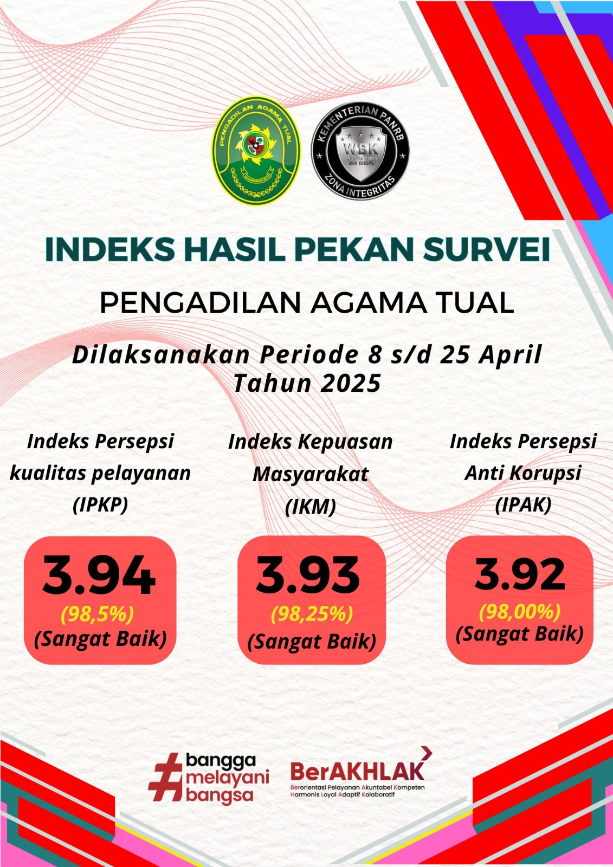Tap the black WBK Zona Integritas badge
click(x=360, y=151)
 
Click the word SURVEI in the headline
click(x=486, y=249)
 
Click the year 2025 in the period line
click(x=351, y=384)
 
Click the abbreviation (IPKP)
click(x=100, y=504)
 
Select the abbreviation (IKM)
click(x=310, y=507)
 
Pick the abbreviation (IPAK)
click(x=523, y=505)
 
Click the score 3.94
click(x=99, y=575)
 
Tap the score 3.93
click(x=308, y=575)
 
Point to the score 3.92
click(x=520, y=574)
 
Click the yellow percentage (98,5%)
click(x=98, y=614)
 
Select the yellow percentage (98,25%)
click(x=312, y=614)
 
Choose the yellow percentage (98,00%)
click(x=520, y=612)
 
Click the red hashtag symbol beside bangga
click(x=166, y=777)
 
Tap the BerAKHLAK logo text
click(x=357, y=771)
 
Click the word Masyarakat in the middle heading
click(x=310, y=475)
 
